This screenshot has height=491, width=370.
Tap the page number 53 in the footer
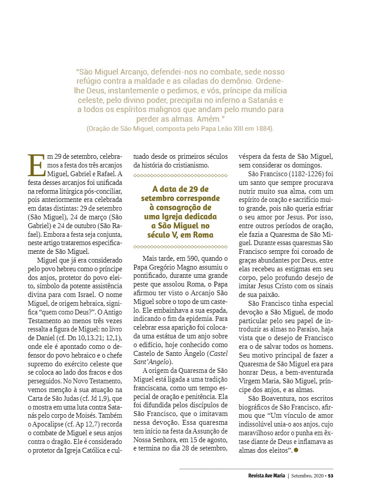coord(331,475)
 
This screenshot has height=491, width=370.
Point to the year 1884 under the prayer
coord(264,129)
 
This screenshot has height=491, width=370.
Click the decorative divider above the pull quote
coord(180,175)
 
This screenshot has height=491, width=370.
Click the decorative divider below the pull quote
coord(180,246)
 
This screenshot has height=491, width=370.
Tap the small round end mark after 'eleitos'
coord(296,450)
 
